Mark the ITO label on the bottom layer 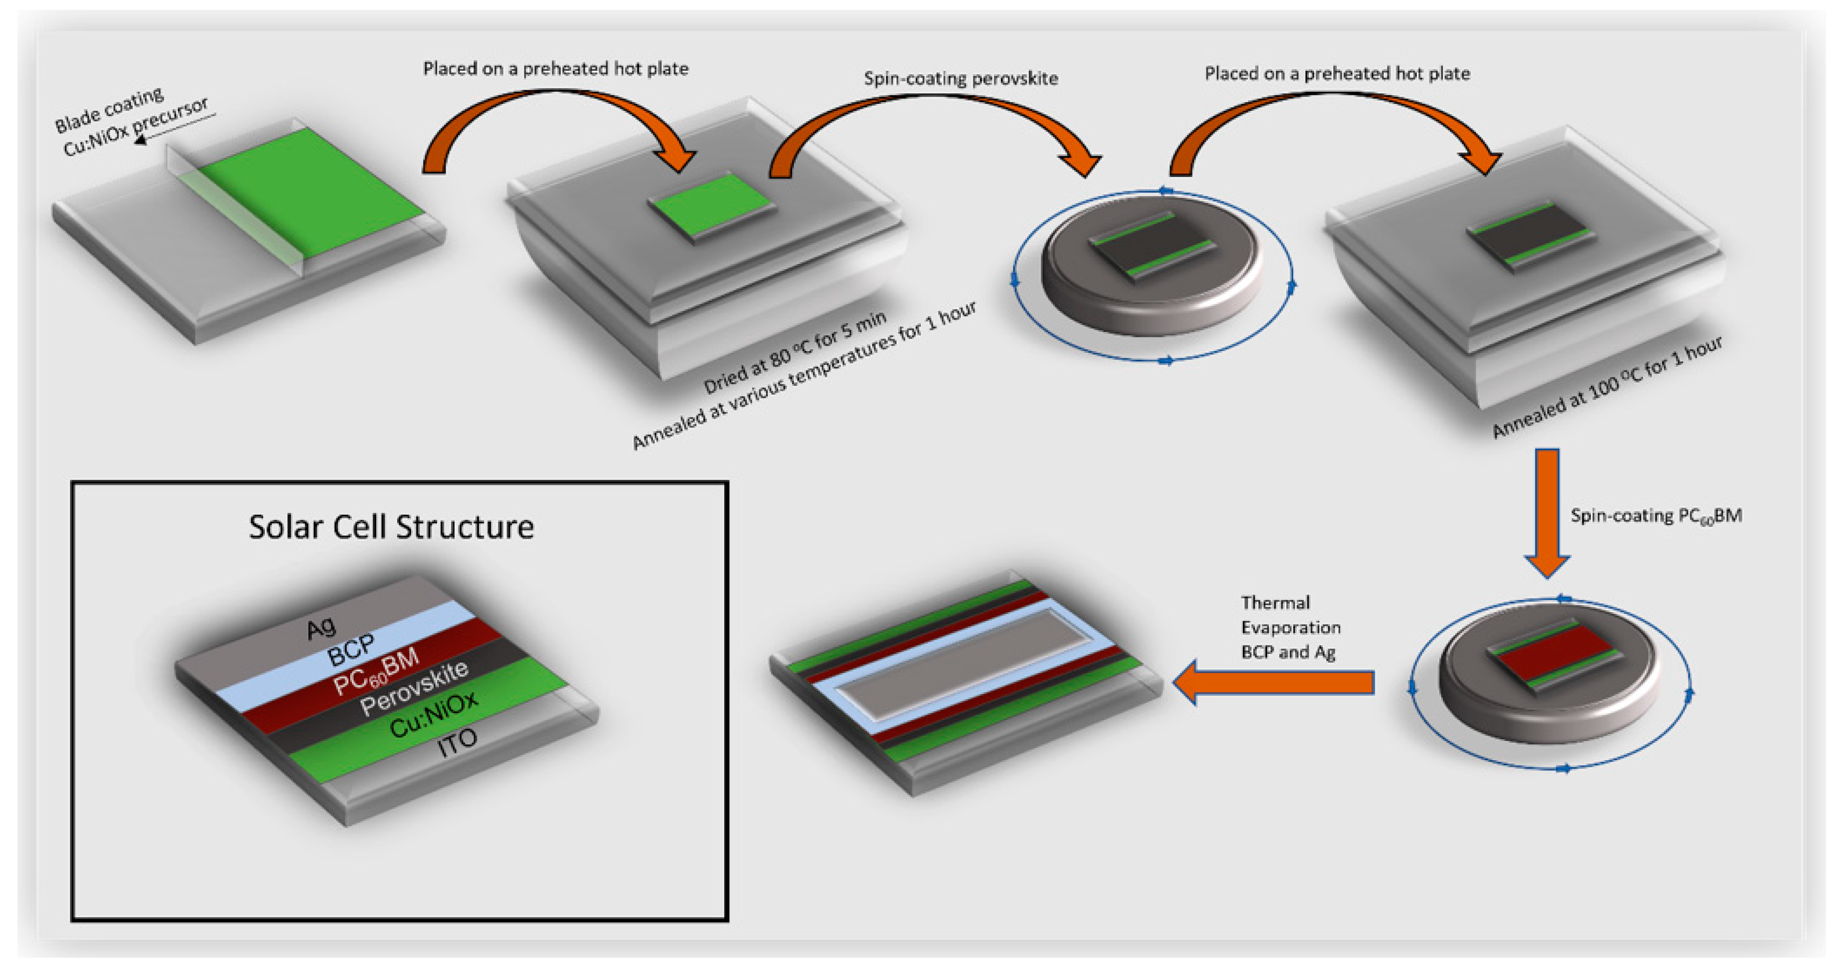point(457,743)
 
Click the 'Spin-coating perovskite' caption point(961,78)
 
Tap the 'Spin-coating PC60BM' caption point(1655,516)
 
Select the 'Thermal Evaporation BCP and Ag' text point(1290,627)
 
